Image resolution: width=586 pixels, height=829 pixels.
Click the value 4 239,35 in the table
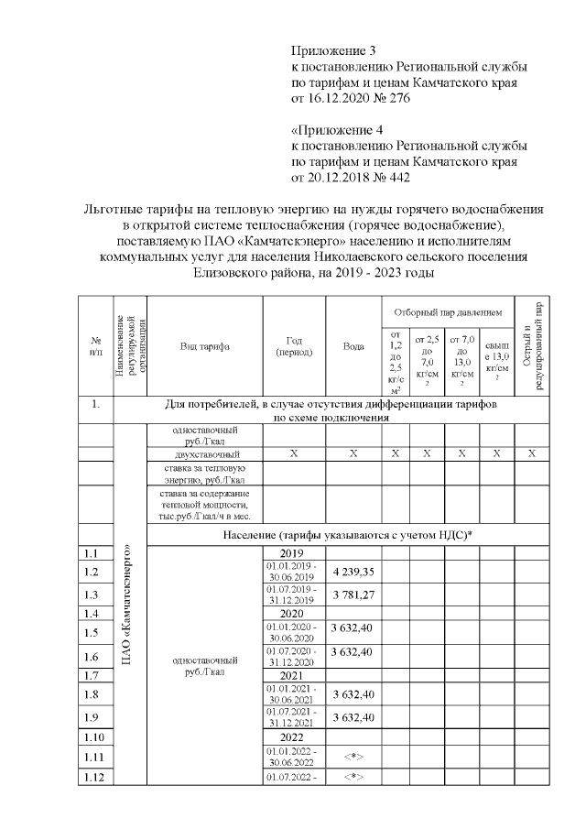353,572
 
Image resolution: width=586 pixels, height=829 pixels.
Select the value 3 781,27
353,594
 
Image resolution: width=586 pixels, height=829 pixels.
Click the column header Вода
353,346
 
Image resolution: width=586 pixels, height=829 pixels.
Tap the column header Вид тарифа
204,346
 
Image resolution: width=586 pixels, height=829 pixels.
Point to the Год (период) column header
294,346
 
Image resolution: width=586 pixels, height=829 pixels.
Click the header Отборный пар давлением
448,312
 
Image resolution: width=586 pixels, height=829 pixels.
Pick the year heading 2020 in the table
291,613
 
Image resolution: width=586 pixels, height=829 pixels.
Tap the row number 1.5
90,632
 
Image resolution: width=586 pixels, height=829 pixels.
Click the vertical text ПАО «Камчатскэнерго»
128,605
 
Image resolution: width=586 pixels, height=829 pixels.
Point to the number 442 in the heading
398,177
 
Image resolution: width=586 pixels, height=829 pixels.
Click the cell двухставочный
207,453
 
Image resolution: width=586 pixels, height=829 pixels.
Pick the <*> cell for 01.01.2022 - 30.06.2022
353,756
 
